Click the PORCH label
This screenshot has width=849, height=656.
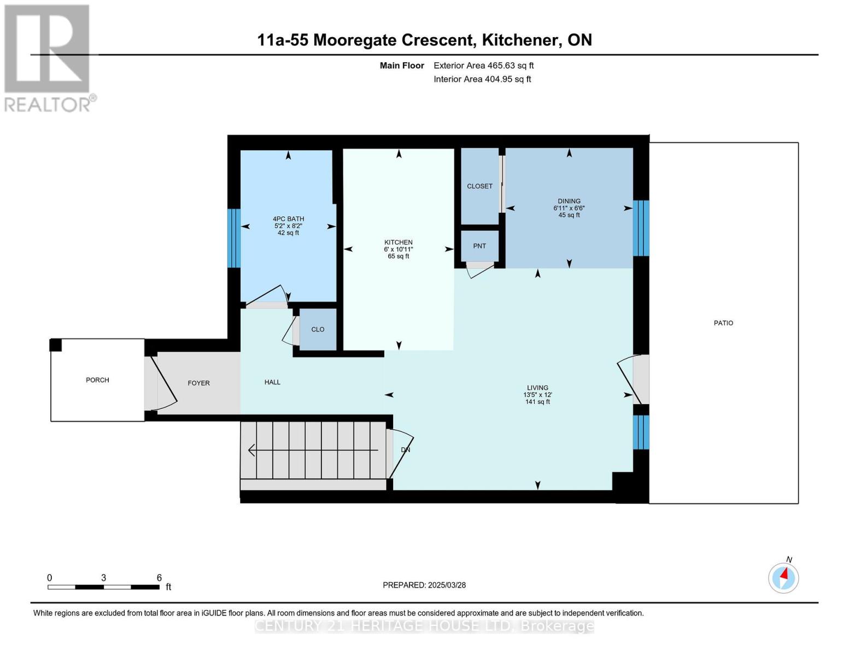tap(97, 380)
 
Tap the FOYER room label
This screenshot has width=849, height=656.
tap(198, 383)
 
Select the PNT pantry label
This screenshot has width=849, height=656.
tap(479, 246)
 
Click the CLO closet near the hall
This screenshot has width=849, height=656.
tap(318, 330)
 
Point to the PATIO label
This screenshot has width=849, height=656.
tap(723, 323)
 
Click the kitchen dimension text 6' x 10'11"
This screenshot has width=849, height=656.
tap(399, 249)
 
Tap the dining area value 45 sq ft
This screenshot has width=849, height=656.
tap(569, 215)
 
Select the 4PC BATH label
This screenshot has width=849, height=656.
tap(288, 219)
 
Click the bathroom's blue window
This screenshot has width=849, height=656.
tap(233, 238)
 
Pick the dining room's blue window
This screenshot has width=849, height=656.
tap(641, 228)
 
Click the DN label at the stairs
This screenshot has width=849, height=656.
tap(406, 450)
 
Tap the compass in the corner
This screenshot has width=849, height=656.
tap(783, 578)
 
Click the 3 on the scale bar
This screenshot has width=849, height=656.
tap(103, 577)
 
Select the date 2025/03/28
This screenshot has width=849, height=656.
tap(447, 585)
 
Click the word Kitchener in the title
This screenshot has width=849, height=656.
tap(519, 40)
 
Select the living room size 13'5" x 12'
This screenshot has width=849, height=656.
tap(537, 395)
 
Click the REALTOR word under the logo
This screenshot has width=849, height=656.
tap(48, 105)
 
